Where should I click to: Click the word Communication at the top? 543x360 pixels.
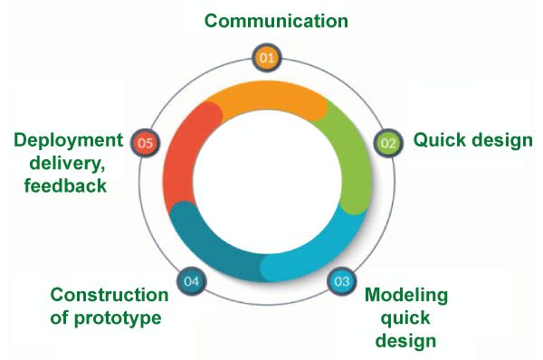pos(276,20)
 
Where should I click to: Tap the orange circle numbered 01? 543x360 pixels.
pos(266,58)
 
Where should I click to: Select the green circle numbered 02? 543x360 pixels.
pos(387,143)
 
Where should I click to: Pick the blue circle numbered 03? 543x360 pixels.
pos(341,280)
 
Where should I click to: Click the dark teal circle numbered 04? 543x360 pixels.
pos(191,281)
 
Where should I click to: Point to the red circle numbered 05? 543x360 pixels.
pos(146,142)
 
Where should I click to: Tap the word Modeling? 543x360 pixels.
pos(405,296)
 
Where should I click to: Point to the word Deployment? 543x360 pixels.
pos(68,140)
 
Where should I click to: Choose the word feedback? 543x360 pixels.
pos(67,186)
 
